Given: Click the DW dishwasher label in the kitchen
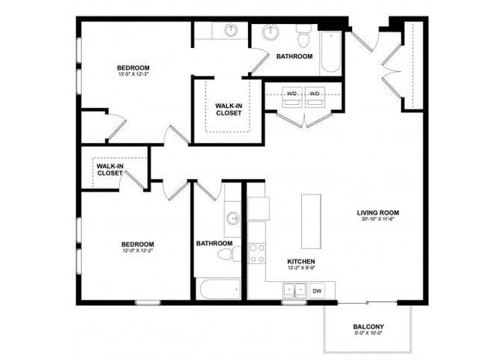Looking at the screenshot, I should tap(317, 291).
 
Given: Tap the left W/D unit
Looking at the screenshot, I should tap(292, 95).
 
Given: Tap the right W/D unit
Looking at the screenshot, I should tap(314, 95).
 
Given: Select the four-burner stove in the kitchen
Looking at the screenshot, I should tap(256, 253).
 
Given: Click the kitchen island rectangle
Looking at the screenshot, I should tap(310, 219).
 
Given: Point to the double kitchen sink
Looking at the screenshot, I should tap(293, 291).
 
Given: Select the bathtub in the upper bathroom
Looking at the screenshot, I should tap(330, 53).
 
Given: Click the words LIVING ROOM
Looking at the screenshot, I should tap(378, 212).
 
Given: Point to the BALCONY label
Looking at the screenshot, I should tap(368, 327).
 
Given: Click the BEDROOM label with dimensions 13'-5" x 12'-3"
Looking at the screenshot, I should tap(134, 67).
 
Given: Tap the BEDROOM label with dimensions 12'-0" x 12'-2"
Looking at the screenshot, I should tap(137, 243).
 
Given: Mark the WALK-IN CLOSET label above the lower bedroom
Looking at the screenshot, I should tap(110, 169).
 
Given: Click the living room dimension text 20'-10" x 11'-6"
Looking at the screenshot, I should tap(378, 220).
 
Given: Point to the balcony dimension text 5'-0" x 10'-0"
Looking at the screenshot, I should tap(368, 335).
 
